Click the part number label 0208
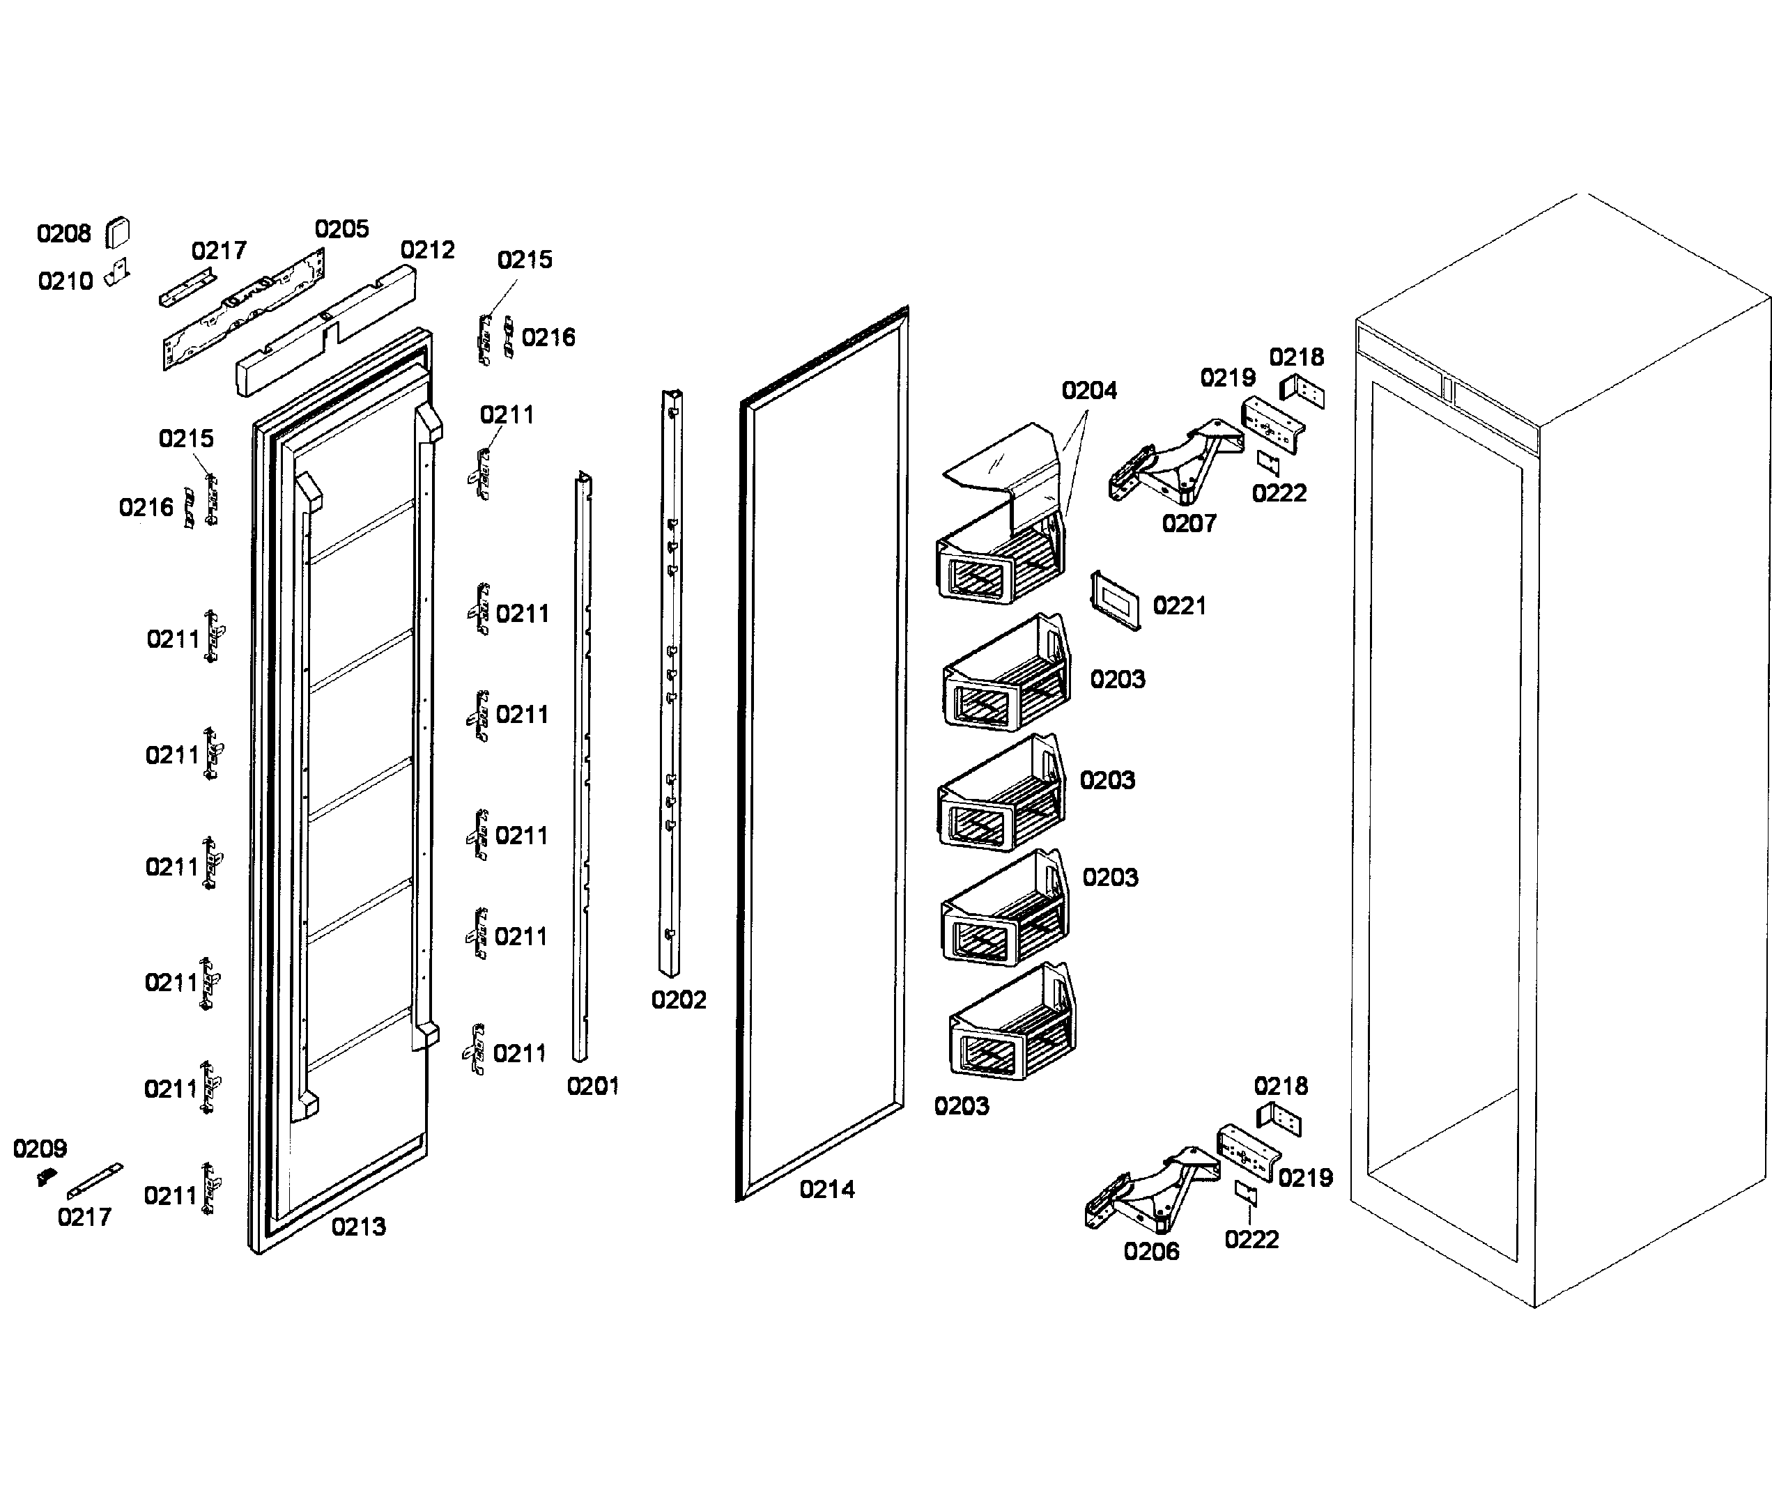tap(63, 233)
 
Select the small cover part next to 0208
tap(118, 232)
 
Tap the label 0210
tap(65, 281)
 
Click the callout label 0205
tap(341, 229)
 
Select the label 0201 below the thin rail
tap(593, 1087)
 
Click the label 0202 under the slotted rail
tap(678, 1000)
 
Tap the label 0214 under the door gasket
tap(827, 1189)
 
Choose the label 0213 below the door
tap(358, 1227)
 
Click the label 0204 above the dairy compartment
tap(1088, 391)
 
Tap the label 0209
tap(39, 1148)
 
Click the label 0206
tap(1151, 1252)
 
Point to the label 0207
tap(1189, 523)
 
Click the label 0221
tap(1179, 606)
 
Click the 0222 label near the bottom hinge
tap(1251, 1240)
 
